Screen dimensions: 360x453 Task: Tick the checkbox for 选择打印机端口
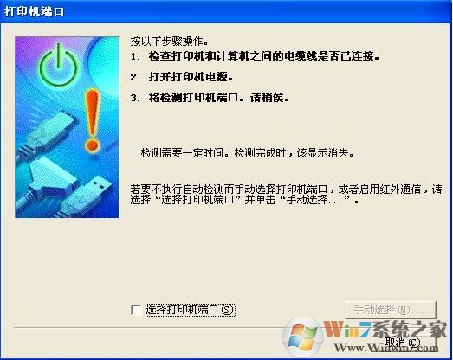[x=135, y=309]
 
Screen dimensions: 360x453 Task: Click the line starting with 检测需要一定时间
[x=248, y=152]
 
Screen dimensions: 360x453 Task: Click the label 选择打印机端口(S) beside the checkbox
[x=191, y=309]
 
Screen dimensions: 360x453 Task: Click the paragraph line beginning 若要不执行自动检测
[x=286, y=188]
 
